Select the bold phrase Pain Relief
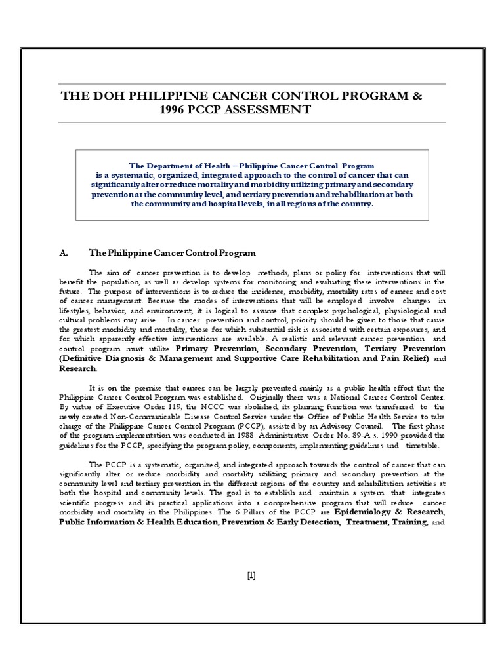coord(404,359)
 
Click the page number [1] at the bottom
coord(251,576)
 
